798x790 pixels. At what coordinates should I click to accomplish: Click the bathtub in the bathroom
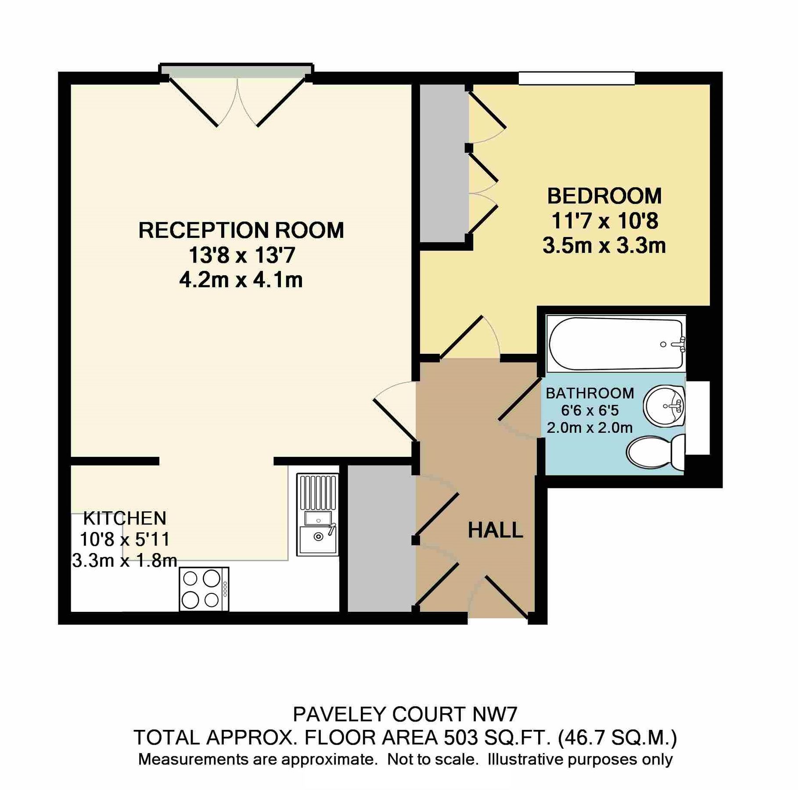coord(615,343)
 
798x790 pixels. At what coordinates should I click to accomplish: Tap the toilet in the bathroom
coord(656,451)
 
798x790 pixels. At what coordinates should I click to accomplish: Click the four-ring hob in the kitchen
coord(204,589)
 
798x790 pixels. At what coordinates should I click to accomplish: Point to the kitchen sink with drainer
coord(317,514)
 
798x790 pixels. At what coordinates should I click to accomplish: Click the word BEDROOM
coord(604,196)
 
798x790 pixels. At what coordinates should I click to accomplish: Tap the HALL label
coord(495,530)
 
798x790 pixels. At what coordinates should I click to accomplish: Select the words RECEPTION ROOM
coord(241,230)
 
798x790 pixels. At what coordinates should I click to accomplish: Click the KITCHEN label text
coord(125,518)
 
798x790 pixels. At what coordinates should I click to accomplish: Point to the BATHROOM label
coord(590,393)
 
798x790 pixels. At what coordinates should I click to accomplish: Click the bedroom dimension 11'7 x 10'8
coord(604,221)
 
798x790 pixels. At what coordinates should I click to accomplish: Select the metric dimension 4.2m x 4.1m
coord(241,280)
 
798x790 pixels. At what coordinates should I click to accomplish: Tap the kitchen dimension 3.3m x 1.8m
coord(125,561)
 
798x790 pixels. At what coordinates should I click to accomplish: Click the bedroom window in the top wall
coord(577,78)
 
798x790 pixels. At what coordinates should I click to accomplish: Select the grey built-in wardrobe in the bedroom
coord(442,163)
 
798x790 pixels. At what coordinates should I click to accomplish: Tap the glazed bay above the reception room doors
coord(237,71)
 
